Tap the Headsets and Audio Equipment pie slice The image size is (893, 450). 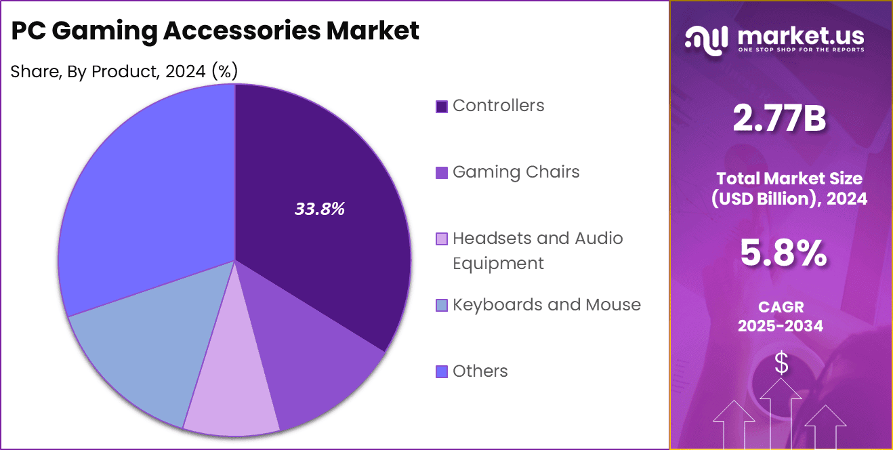tap(230, 400)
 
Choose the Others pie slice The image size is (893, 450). tap(142, 190)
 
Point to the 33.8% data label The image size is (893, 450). tap(320, 209)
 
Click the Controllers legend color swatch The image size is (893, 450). tap(442, 106)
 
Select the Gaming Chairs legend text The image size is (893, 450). tap(516, 172)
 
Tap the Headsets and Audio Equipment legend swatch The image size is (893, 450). tap(442, 239)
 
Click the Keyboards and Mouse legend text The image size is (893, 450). tap(546, 305)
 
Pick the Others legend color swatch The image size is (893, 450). tap(442, 371)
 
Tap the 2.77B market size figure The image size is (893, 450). tap(781, 119)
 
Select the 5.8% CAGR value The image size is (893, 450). tap(783, 253)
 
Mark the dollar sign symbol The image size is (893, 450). tap(781, 364)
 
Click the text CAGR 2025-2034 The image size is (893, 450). tap(781, 316)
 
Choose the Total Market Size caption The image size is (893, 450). tap(789, 188)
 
